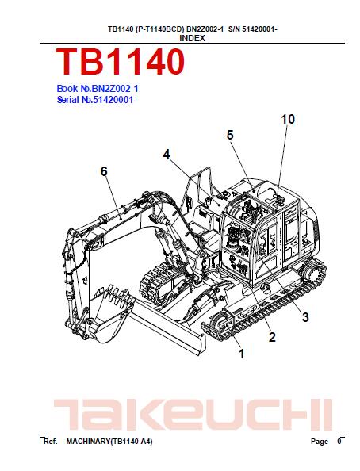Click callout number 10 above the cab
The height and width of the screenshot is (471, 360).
tap(288, 119)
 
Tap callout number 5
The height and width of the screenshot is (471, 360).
tap(230, 135)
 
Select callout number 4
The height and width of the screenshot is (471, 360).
tap(167, 155)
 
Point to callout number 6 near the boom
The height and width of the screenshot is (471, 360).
tap(104, 171)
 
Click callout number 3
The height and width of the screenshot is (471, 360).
tap(305, 317)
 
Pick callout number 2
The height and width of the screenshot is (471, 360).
tap(272, 337)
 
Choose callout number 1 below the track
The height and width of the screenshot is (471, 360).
tap(241, 354)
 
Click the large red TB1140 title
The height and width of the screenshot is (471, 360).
tap(121, 62)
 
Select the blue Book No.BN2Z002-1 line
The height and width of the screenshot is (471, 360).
tap(98, 89)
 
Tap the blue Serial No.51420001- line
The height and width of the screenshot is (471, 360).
tap(97, 99)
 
